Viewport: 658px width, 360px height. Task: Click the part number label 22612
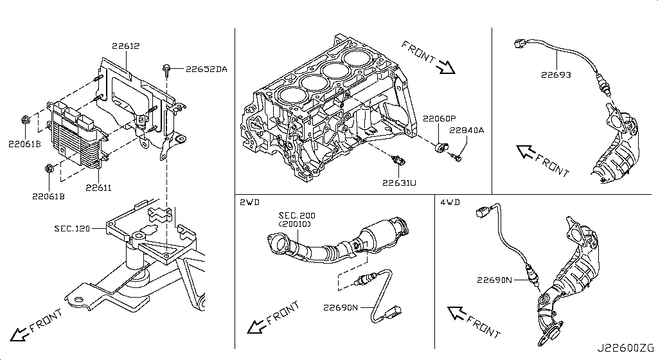click(125, 46)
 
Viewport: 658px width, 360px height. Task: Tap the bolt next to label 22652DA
click(167, 67)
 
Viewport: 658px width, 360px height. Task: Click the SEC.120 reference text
click(72, 228)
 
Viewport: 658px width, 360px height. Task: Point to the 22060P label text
click(439, 118)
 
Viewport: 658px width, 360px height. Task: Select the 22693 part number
click(556, 75)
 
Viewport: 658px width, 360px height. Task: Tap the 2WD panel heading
click(249, 202)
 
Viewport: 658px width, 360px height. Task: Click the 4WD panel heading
click(450, 202)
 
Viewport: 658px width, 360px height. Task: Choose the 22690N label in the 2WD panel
click(341, 307)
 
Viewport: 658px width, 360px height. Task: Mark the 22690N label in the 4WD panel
click(494, 280)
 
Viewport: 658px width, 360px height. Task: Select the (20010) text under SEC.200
click(294, 224)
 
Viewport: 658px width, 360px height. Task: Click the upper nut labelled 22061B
click(25, 119)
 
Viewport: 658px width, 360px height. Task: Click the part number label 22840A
click(467, 130)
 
